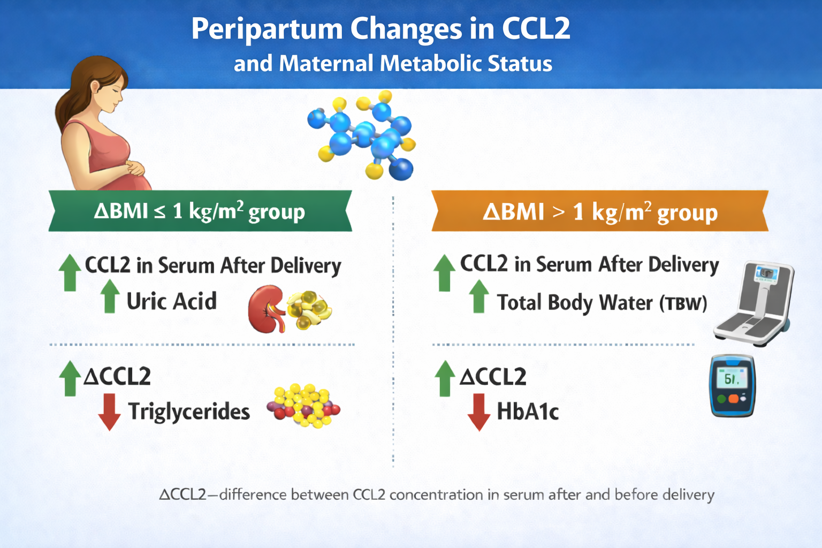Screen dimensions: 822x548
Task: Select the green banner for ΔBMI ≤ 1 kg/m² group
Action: (200, 211)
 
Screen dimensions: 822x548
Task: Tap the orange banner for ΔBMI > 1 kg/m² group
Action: (600, 211)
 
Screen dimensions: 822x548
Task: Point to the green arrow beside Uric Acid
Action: (110, 296)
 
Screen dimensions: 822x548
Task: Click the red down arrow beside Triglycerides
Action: (109, 412)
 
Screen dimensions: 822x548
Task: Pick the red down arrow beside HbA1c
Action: (479, 412)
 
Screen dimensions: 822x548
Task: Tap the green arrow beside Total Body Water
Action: (479, 296)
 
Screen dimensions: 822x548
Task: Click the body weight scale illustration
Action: (755, 303)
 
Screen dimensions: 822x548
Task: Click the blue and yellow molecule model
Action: (362, 135)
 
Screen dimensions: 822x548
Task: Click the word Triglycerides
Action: (189, 412)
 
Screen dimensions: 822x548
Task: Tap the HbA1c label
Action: (528, 411)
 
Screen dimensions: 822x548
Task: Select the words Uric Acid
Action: (172, 301)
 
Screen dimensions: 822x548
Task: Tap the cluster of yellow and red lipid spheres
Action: (304, 406)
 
